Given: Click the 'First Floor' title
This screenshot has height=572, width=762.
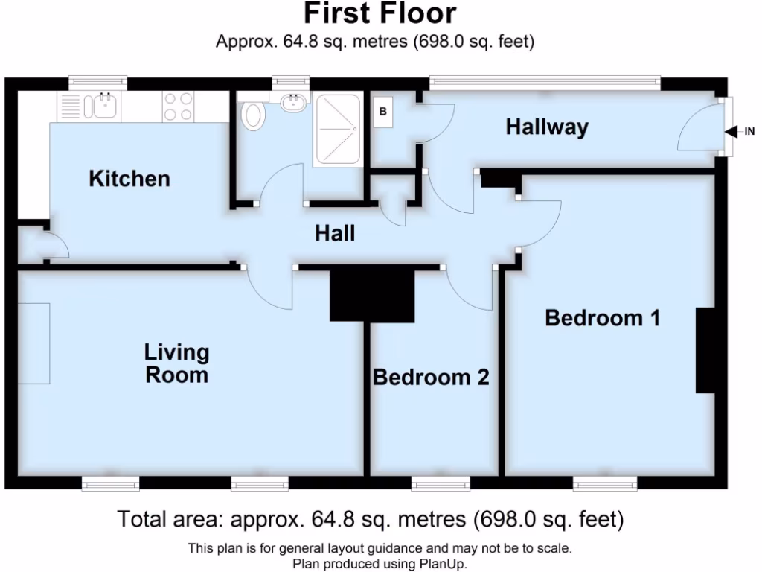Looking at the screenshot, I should [x=380, y=13].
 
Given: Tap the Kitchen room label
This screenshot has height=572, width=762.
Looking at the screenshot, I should [x=129, y=179].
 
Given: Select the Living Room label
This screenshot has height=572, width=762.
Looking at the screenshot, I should [x=176, y=363].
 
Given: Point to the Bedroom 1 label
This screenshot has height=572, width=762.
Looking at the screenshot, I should [x=603, y=318].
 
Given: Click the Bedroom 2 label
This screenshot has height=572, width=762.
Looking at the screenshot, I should [x=431, y=378].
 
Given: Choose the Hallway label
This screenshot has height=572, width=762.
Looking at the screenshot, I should [x=547, y=127].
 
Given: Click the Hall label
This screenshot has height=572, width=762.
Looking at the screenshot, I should [x=334, y=234].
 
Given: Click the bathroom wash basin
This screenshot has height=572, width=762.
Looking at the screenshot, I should [x=295, y=103].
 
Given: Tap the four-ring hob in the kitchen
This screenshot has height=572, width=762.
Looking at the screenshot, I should [x=179, y=106].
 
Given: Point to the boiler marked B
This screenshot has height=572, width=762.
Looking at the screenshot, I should [x=384, y=112].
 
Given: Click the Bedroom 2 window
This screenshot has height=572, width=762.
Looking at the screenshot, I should [x=441, y=485].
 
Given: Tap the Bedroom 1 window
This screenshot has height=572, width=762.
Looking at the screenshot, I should [x=605, y=485].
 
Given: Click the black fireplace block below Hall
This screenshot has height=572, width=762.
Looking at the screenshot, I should [x=372, y=294].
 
